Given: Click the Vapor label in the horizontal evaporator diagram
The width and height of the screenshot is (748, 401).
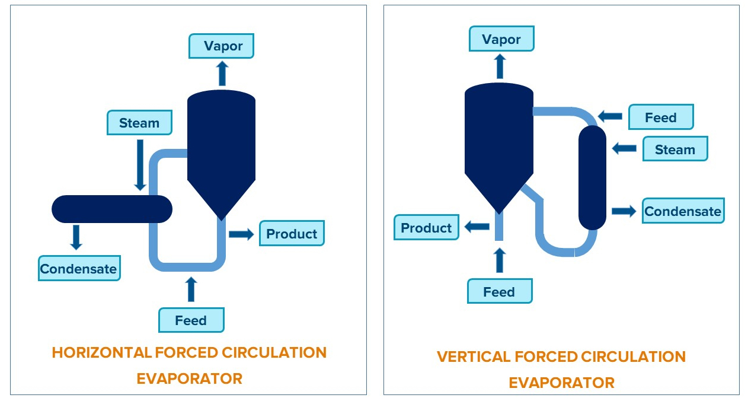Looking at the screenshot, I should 221,46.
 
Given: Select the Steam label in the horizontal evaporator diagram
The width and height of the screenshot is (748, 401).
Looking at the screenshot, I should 139,123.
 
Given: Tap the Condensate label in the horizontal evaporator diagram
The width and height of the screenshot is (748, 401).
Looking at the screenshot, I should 79,269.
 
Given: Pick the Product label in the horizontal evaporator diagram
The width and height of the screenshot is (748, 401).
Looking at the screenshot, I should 292,233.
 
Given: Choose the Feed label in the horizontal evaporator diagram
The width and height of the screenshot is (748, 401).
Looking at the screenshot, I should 191,320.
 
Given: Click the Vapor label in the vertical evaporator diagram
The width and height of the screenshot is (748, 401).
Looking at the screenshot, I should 501,40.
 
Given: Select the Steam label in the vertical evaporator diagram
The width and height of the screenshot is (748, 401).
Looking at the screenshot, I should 675,149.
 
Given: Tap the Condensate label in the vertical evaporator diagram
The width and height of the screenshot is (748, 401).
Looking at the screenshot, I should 683,211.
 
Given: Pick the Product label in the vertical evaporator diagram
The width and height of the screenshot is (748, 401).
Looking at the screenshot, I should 426,228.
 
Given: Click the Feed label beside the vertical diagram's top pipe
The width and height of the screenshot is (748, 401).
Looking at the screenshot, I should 660,117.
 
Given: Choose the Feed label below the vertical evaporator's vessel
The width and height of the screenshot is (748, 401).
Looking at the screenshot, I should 499,292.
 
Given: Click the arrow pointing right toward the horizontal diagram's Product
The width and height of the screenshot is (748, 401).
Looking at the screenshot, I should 241,234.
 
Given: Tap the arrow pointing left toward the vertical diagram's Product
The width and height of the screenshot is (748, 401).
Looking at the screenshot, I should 477,227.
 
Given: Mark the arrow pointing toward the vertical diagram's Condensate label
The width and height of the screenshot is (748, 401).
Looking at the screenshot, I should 624,211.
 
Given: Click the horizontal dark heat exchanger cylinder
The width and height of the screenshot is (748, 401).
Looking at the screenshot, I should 111,209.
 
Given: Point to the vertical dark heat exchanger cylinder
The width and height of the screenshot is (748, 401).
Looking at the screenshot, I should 592,177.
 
